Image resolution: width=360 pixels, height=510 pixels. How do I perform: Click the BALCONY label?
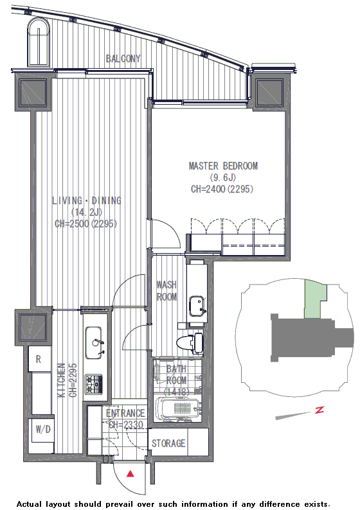(x=123, y=58)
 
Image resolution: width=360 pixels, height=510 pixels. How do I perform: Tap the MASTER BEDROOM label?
(x=223, y=166)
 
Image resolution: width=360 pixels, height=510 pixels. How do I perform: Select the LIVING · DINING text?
(x=87, y=200)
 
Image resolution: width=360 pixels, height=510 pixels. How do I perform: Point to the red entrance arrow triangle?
(x=130, y=473)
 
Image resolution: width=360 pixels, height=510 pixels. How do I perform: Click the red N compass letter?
(x=319, y=410)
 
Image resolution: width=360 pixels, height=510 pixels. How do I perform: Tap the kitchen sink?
(x=94, y=343)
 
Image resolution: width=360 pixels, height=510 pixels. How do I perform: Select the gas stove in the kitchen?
(x=94, y=384)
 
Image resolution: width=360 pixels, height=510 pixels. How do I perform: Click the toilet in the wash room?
(x=190, y=343)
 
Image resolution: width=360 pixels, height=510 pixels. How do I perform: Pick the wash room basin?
(x=197, y=306)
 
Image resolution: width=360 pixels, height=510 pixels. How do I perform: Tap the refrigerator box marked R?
(x=39, y=359)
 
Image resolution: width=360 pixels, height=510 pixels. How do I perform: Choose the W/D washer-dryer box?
(x=42, y=430)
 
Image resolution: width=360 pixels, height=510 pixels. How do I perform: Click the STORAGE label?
(x=168, y=443)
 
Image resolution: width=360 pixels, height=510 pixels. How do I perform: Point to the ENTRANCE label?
(x=125, y=413)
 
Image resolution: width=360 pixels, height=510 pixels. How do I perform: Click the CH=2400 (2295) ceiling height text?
(x=222, y=189)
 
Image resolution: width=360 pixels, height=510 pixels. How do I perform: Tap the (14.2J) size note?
(x=87, y=212)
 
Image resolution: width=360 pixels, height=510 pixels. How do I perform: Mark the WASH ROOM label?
(x=166, y=291)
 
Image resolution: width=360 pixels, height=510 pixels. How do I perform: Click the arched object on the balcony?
(x=39, y=42)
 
